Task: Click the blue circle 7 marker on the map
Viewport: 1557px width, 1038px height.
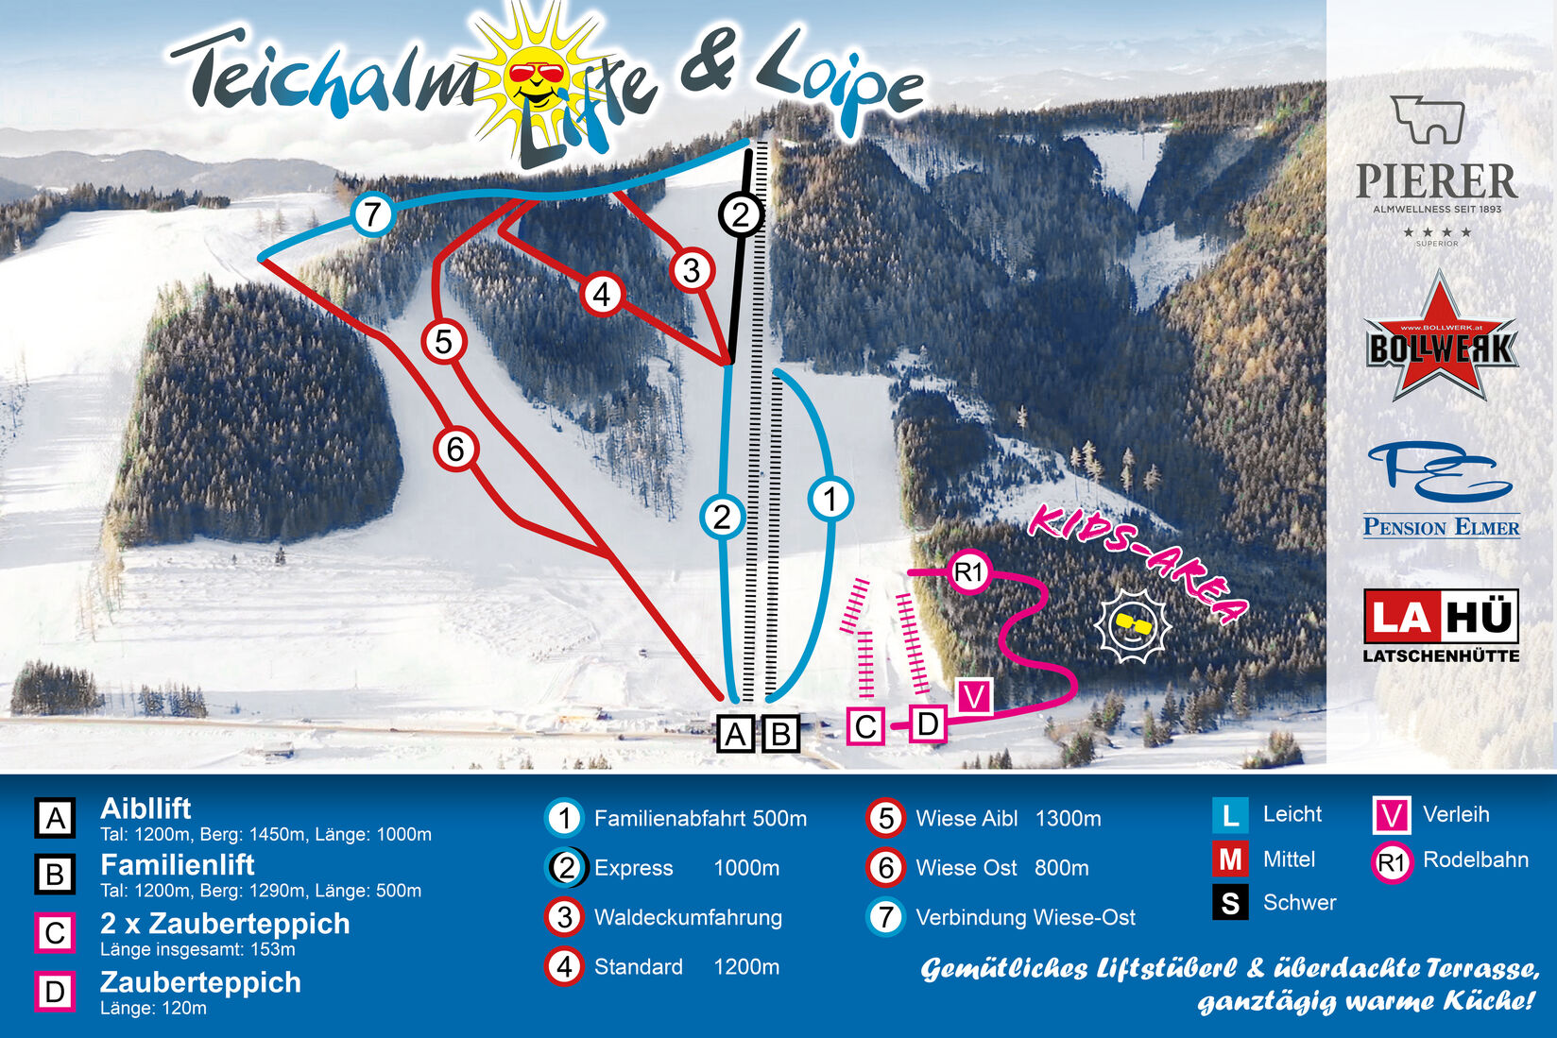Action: [372, 214]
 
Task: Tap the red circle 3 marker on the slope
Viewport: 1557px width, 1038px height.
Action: [692, 270]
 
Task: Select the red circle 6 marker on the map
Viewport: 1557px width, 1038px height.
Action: [455, 449]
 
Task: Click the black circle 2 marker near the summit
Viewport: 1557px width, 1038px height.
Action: [740, 214]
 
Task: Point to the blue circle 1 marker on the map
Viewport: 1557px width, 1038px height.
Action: [830, 499]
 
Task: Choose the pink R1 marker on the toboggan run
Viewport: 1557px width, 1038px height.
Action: [968, 571]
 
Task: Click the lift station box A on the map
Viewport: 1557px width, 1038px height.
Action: [736, 733]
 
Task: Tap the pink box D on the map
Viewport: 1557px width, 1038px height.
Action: [928, 724]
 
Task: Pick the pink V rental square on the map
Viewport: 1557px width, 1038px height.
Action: [974, 697]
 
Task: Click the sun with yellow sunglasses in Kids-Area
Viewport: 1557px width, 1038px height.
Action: [1132, 623]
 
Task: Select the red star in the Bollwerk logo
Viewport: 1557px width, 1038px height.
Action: [1441, 340]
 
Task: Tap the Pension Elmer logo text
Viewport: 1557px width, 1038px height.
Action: [1441, 527]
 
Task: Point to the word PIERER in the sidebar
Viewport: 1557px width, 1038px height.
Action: [1436, 181]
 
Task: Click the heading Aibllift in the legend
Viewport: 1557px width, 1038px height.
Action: [145, 808]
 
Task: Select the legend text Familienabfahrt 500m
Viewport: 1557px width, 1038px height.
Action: [700, 819]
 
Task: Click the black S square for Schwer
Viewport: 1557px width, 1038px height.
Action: [1230, 903]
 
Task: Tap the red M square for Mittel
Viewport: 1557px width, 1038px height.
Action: [1230, 859]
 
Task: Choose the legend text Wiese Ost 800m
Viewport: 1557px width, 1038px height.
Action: [1001, 868]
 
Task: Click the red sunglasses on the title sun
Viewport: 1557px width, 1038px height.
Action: [536, 73]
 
